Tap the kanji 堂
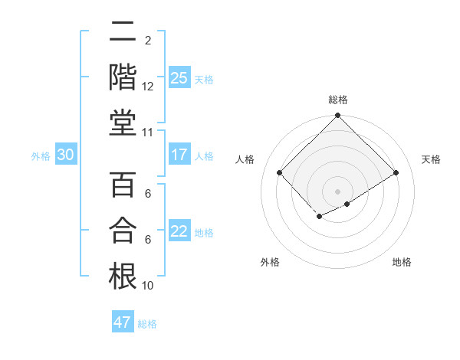(123, 123)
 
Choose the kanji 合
(123, 230)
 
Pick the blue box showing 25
(179, 77)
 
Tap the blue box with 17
(179, 155)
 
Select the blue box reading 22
(179, 231)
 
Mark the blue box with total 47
(123, 322)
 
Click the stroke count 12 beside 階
(148, 87)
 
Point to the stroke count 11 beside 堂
(148, 133)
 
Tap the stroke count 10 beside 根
(148, 286)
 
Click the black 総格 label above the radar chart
(337, 100)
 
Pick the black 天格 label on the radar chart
(431, 159)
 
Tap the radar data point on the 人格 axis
(279, 172)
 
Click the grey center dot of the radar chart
(337, 190)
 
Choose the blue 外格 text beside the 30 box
(41, 156)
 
